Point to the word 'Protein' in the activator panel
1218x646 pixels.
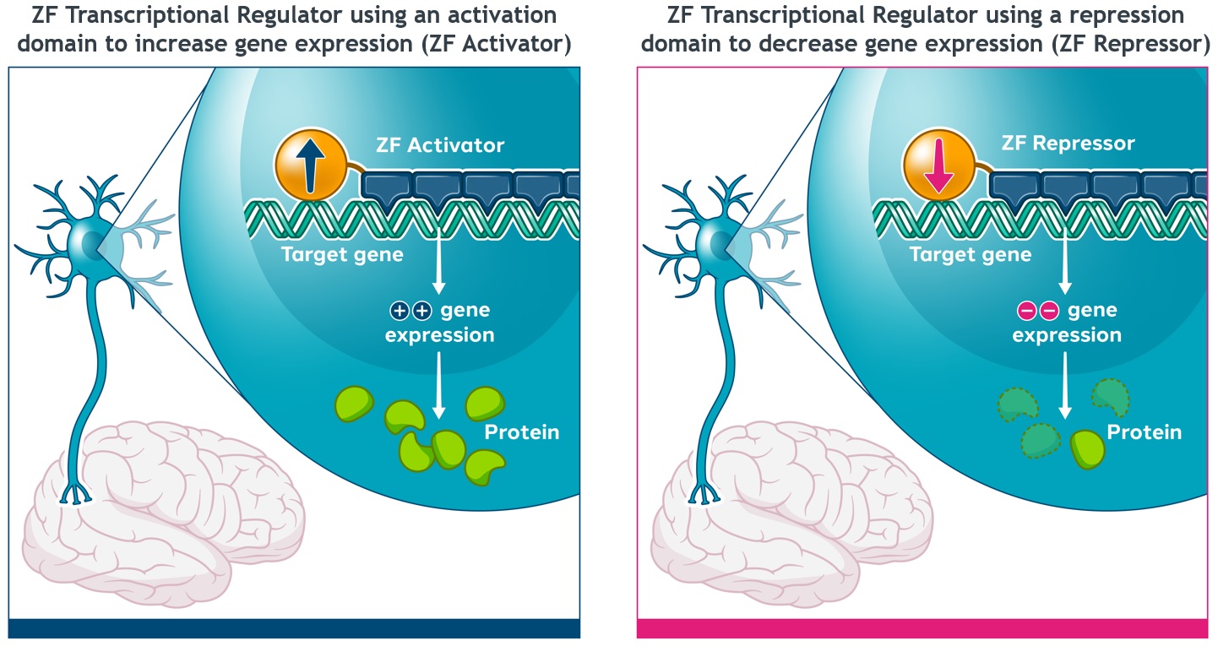(x=521, y=432)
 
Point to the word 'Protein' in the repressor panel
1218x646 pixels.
(x=1144, y=432)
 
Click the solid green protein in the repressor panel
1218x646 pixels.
(x=1087, y=448)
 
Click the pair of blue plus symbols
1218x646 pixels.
(x=411, y=312)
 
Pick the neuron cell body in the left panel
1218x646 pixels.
(x=88, y=243)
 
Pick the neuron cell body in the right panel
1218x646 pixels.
(x=716, y=243)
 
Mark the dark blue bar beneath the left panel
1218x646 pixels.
(x=294, y=628)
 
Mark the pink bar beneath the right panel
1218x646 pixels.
(x=922, y=628)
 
